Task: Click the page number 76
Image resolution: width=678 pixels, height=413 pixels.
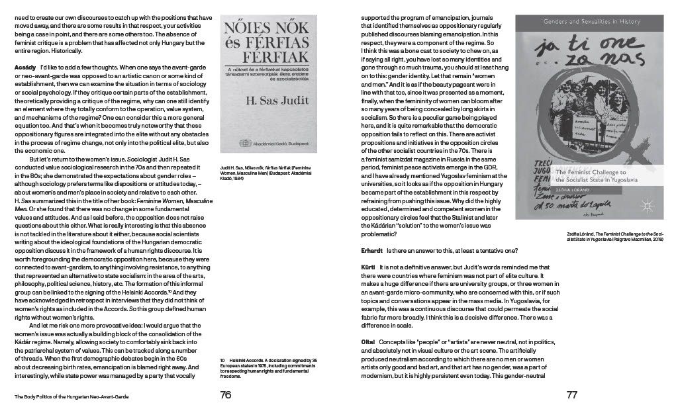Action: tap(226, 395)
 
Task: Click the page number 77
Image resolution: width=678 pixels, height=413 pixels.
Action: tap(572, 395)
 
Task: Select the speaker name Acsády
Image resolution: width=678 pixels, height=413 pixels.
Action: tap(25, 68)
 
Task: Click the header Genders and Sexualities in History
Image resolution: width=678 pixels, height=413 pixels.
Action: tap(592, 22)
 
